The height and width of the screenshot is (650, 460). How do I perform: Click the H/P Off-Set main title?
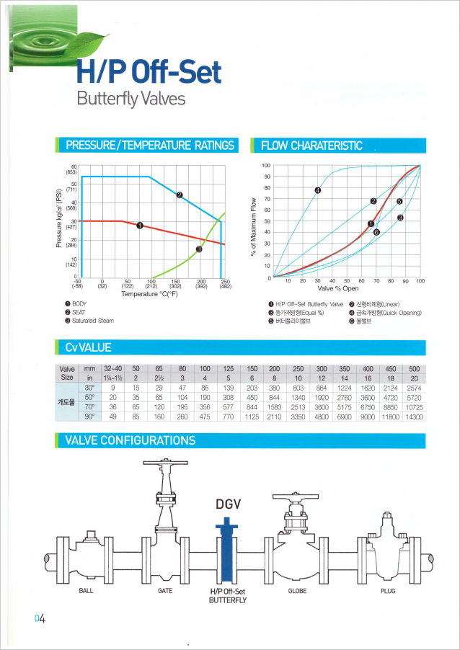[149, 72]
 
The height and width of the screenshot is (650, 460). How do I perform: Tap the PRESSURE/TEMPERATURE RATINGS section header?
[150, 146]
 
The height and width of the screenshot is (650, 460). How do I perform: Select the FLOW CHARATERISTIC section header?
[311, 146]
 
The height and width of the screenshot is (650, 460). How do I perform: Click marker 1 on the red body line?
[139, 226]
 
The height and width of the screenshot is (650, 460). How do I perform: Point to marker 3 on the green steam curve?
[199, 250]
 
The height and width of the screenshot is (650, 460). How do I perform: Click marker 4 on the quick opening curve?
[317, 190]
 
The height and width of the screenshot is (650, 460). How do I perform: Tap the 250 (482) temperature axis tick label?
[224, 283]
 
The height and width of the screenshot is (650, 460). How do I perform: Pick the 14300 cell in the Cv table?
[414, 417]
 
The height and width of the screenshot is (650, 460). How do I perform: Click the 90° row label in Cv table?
[90, 417]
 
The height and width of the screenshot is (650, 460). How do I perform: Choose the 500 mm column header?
[414, 368]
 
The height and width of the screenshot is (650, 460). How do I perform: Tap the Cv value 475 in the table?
[205, 417]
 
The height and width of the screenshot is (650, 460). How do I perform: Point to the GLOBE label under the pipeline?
[298, 590]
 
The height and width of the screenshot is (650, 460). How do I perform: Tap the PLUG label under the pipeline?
[388, 590]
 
